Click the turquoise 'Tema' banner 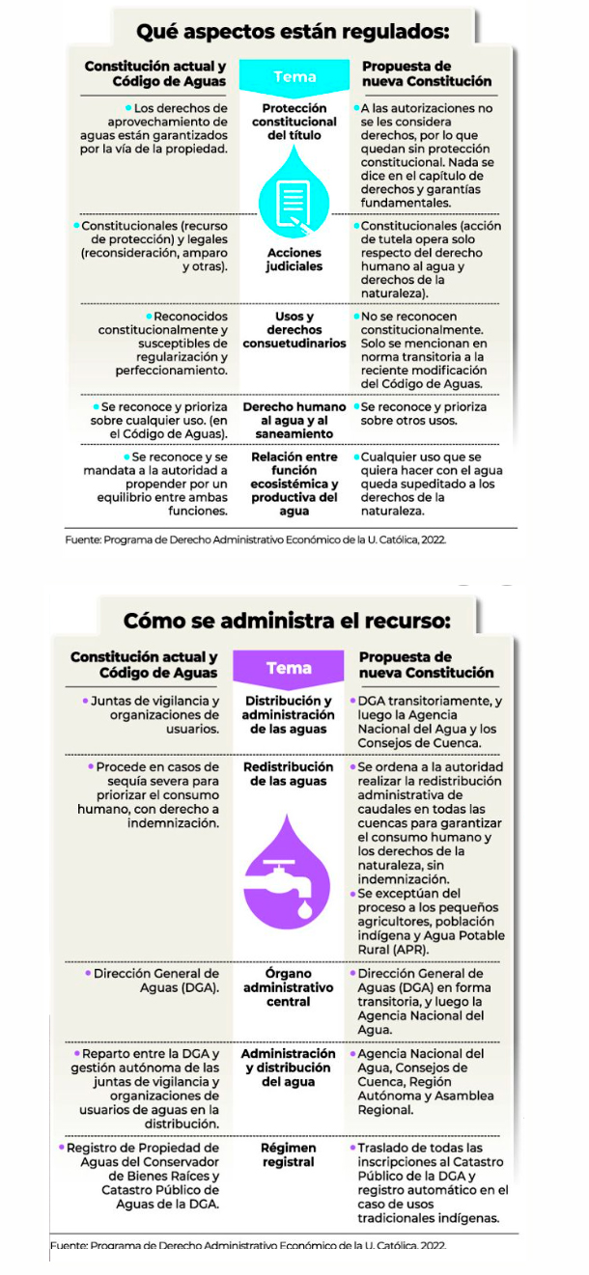tap(294, 76)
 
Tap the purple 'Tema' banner tap(289, 668)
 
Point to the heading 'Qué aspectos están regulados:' tap(293, 32)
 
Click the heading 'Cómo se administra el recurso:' tap(287, 619)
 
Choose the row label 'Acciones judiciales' tap(294, 260)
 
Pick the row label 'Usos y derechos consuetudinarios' tap(294, 330)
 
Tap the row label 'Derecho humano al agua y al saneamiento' tap(294, 420)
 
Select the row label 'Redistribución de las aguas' tap(289, 774)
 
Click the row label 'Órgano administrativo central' tap(289, 987)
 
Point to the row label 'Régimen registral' tap(289, 1155)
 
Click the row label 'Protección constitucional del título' tap(294, 123)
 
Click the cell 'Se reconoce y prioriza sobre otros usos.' tap(423, 413)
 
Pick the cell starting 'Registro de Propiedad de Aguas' tap(145, 1176)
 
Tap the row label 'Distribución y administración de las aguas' tap(289, 715)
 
